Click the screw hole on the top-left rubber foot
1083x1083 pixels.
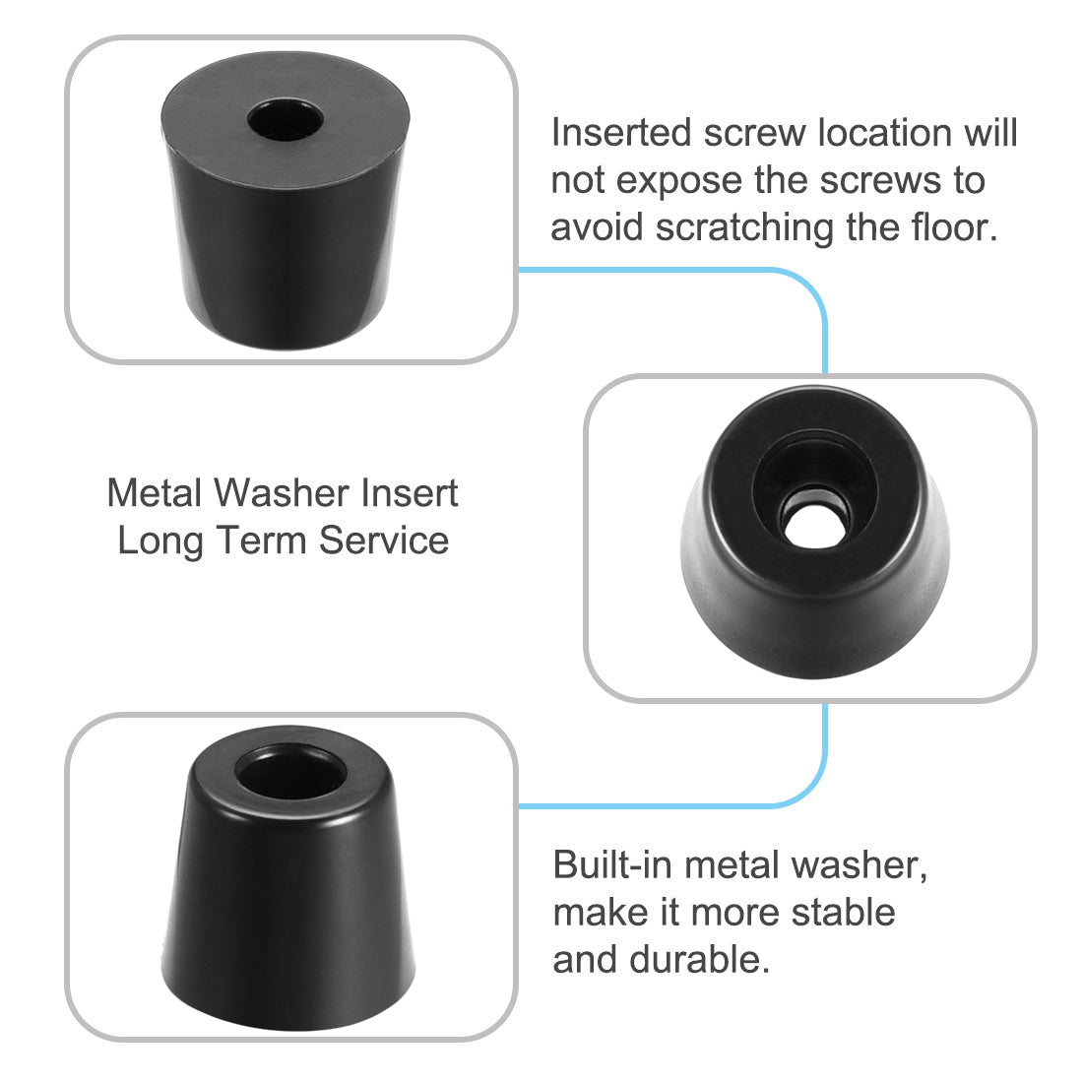point(286,124)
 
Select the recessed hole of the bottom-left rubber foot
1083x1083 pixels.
point(291,773)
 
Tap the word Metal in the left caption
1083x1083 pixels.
point(154,492)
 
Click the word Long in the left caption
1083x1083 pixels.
point(158,540)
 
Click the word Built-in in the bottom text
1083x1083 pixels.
point(612,864)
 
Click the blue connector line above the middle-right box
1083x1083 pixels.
point(823,325)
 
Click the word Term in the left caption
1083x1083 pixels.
point(263,540)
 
